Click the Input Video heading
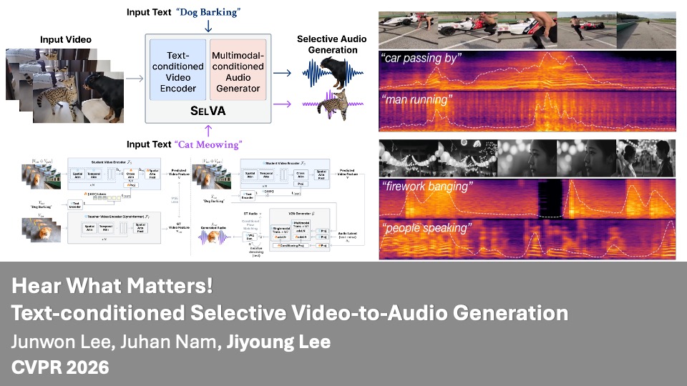[66, 39]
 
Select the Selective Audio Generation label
[327, 44]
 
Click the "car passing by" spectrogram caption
[422, 59]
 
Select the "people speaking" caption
[427, 229]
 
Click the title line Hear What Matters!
[112, 287]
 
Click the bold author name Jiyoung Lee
[279, 342]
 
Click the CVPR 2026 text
[60, 367]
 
